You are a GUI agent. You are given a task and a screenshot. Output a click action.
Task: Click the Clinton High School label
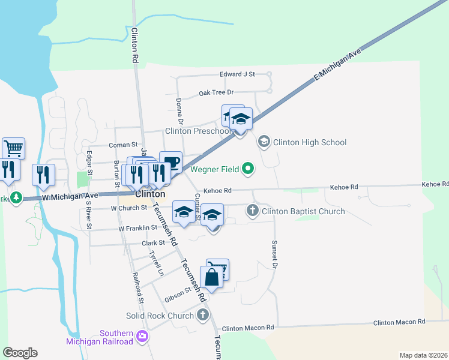pos(310,142)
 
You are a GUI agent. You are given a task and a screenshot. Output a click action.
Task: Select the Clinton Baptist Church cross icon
pos(253,211)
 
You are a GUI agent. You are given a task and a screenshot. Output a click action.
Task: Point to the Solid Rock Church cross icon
pos(203,315)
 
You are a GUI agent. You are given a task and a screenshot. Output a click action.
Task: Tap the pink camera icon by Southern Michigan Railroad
pos(142,336)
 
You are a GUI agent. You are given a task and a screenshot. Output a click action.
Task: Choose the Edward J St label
pos(237,74)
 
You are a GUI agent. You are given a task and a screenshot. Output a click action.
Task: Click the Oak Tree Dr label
pos(216,92)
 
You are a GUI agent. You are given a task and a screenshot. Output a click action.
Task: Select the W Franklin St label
pos(137,228)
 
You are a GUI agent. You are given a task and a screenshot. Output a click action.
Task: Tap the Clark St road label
pos(153,243)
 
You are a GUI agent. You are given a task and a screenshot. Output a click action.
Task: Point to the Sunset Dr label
pos(276,255)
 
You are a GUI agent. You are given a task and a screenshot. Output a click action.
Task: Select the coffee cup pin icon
pos(170,162)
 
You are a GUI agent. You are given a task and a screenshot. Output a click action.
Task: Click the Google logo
pos(19,353)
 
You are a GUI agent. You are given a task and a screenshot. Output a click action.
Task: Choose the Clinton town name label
pos(150,194)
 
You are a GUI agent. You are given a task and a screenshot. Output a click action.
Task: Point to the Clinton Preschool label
pos(197,131)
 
